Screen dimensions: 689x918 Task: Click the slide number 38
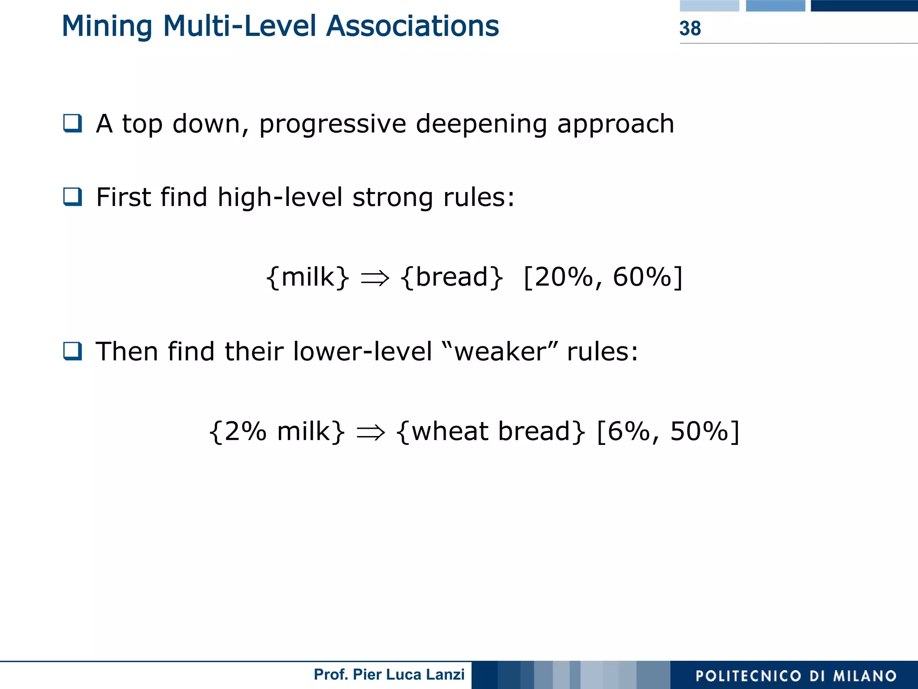click(690, 28)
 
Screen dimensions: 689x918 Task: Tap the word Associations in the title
click(412, 26)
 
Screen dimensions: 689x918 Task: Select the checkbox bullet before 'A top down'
click(73, 123)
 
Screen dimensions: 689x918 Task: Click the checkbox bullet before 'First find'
click(73, 197)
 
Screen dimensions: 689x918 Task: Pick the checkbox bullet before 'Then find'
click(73, 351)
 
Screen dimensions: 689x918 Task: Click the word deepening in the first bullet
click(481, 124)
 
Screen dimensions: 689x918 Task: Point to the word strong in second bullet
click(393, 198)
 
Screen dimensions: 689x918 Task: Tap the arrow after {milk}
click(375, 278)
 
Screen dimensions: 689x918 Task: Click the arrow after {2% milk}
click(371, 432)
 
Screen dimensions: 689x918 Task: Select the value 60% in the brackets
click(641, 277)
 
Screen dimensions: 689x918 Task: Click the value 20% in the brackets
click(564, 277)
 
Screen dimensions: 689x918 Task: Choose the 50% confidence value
click(699, 431)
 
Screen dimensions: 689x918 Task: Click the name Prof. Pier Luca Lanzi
click(389, 675)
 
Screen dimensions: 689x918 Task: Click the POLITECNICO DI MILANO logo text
click(796, 676)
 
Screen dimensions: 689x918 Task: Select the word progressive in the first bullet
click(332, 124)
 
